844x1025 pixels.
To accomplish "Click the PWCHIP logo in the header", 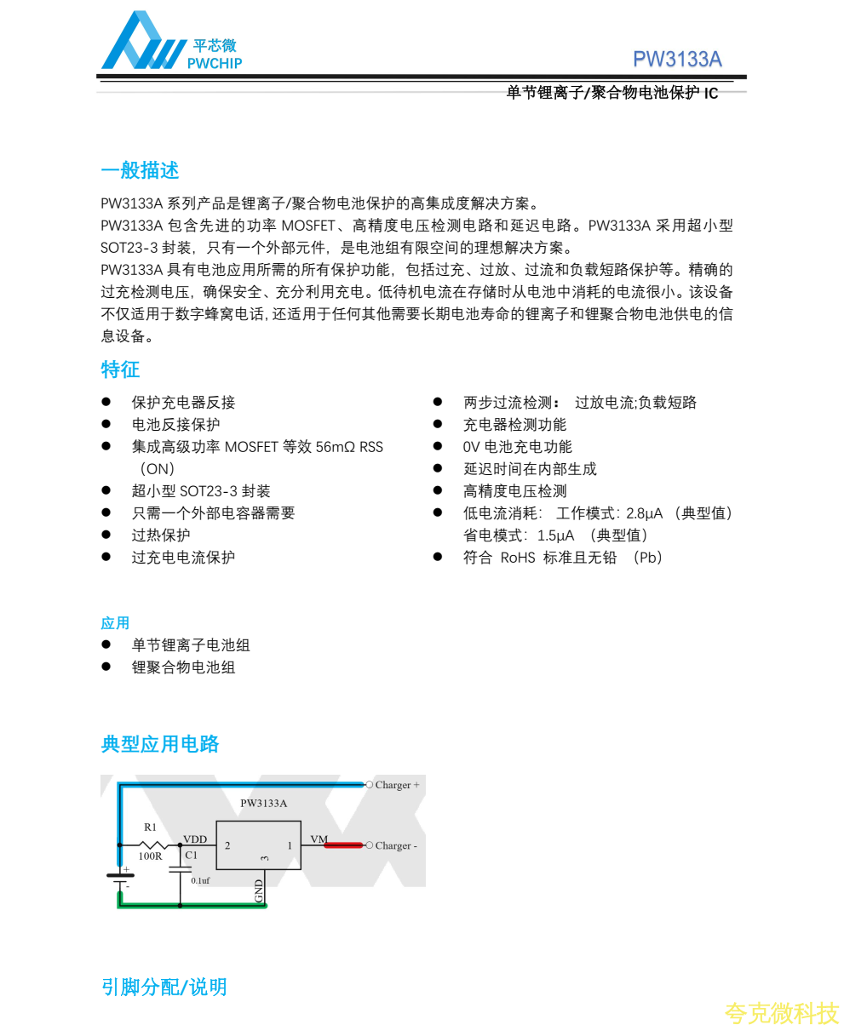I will [170, 43].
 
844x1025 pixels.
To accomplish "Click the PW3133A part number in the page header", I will [677, 59].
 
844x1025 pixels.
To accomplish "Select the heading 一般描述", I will [140, 170].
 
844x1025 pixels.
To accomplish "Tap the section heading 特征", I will [120, 369].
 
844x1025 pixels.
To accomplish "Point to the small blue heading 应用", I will [115, 623].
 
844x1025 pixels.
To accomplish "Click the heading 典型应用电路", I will [160, 744].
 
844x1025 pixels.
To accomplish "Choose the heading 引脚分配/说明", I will [164, 987].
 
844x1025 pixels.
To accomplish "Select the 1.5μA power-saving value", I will [555, 535].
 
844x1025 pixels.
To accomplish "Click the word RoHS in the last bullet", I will [518, 558].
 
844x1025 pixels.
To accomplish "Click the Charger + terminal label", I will [397, 785].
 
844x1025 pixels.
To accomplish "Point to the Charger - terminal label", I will [396, 845].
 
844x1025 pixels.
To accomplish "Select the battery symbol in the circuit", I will [119, 879].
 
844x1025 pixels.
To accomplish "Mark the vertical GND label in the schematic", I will [259, 890].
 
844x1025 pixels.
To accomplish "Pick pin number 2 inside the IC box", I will [227, 845].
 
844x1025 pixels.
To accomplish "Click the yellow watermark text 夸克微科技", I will [782, 1012].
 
